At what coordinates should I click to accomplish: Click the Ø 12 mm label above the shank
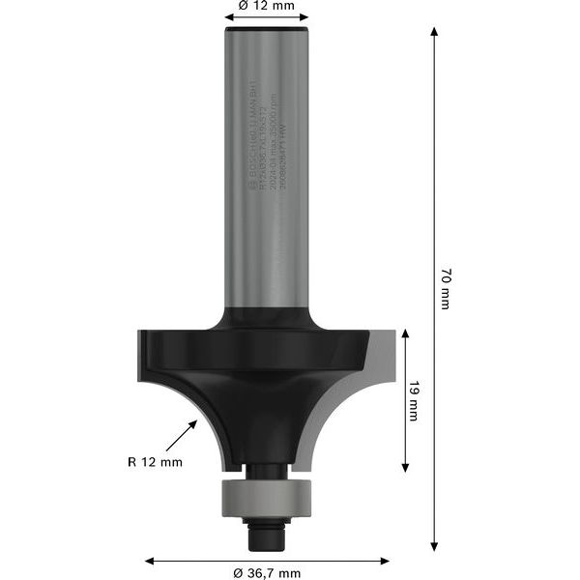[266, 5]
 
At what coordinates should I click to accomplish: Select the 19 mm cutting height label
[414, 401]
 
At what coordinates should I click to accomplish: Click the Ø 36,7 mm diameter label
[267, 572]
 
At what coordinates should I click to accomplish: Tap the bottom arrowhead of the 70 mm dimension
[434, 545]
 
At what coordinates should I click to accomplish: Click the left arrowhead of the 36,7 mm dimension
[150, 560]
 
